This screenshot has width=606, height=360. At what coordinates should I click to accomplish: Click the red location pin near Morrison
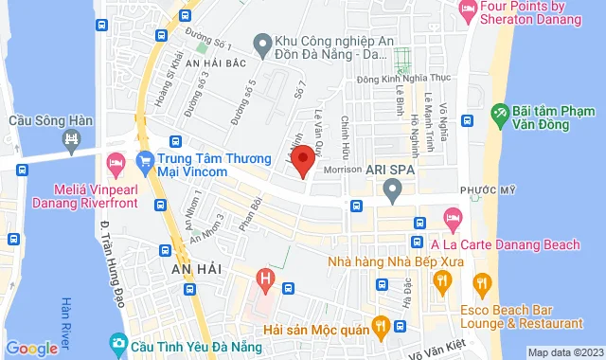(x=302, y=158)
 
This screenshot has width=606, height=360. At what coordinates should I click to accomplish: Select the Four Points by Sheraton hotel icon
(x=468, y=10)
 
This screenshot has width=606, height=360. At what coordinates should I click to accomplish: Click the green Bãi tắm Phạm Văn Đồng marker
(x=499, y=116)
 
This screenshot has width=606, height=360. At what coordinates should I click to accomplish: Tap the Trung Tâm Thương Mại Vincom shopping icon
(x=145, y=158)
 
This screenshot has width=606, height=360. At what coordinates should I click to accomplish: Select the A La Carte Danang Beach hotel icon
(x=453, y=221)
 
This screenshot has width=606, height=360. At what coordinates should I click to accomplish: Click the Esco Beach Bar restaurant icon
(x=483, y=281)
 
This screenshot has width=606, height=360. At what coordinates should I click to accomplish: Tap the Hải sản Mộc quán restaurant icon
(x=381, y=327)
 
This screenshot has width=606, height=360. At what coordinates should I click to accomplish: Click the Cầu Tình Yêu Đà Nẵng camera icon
(x=117, y=341)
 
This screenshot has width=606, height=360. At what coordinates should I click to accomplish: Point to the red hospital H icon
(x=267, y=279)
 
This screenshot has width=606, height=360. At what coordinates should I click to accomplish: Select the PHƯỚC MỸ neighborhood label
(x=479, y=189)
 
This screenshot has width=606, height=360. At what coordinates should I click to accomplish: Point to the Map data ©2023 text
(x=564, y=352)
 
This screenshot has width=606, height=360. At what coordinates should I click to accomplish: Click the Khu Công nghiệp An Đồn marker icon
(x=262, y=43)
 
